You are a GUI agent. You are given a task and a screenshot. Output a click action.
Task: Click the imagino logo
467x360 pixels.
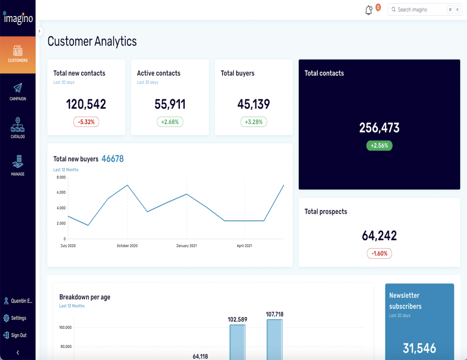[18, 18]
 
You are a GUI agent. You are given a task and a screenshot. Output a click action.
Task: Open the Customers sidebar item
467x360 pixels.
[18, 54]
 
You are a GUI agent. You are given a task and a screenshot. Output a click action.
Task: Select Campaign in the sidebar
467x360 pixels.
[18, 92]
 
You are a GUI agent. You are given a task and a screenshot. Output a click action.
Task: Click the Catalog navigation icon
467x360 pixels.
[18, 128]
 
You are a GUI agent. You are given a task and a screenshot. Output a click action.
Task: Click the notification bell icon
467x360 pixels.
[369, 10]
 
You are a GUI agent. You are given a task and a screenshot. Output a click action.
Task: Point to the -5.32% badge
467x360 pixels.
[86, 122]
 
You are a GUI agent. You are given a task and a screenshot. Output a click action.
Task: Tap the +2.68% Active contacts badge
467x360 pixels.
[170, 122]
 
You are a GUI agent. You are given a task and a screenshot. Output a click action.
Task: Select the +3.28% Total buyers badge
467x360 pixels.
[254, 122]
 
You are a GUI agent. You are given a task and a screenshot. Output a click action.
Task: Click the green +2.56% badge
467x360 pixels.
[379, 146]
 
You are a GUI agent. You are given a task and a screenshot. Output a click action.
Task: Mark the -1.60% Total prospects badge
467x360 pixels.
[379, 253]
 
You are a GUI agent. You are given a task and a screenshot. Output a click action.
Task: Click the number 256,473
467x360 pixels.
[379, 128]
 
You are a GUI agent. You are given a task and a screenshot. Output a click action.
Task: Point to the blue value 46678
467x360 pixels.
[113, 159]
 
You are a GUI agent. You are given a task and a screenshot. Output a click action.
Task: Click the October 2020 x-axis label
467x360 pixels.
[127, 246]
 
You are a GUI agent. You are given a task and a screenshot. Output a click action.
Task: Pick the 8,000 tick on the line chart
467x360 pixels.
[61, 177]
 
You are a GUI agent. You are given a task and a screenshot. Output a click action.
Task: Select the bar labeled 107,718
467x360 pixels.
[275, 339]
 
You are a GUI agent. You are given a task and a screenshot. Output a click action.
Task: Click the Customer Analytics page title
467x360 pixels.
[92, 41]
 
